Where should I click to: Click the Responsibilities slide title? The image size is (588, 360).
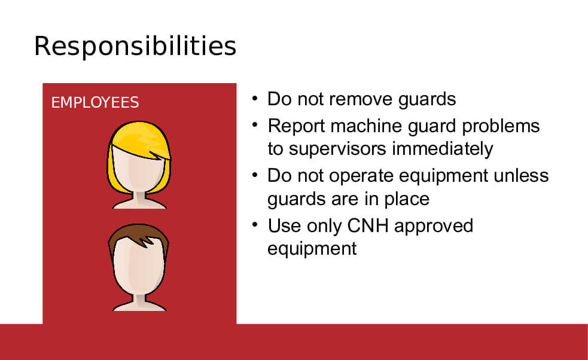coord(135,47)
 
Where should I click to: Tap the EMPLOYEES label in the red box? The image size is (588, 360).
coord(95,102)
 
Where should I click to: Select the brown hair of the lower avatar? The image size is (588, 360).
coord(138,235)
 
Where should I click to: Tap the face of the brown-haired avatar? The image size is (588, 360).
coord(138,268)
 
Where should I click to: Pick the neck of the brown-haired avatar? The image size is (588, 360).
coord(139,300)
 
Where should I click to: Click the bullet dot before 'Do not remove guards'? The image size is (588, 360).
coord(255,99)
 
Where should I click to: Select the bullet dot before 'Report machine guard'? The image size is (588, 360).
coord(255,125)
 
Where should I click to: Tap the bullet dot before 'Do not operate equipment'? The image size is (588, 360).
coord(255,175)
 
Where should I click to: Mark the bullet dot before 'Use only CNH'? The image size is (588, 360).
coord(255,225)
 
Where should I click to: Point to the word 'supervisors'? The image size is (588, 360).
coord(337,149)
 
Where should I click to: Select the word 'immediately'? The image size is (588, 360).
coord(442,149)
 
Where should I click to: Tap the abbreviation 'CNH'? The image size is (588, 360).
coord(368,226)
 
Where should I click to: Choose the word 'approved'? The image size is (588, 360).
coord(434,227)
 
